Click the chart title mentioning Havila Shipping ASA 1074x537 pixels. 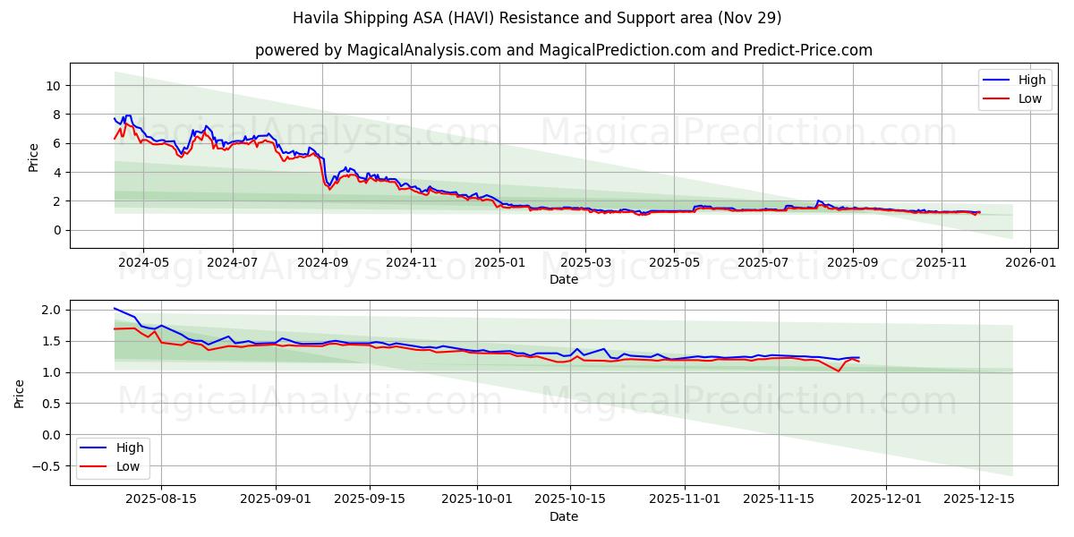pos(537,18)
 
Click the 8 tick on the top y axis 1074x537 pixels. pos(56,115)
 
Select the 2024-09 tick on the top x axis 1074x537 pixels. pos(322,263)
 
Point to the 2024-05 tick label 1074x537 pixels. pos(143,263)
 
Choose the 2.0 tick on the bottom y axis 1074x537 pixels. pos(50,310)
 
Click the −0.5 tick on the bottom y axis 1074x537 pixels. pos(47,466)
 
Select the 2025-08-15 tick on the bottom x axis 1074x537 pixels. pos(161,499)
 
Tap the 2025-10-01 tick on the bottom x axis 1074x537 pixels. pos(477,499)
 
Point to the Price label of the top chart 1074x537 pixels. pos(33,158)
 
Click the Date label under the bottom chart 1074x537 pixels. pos(564,516)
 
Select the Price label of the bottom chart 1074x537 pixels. pos(20,394)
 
